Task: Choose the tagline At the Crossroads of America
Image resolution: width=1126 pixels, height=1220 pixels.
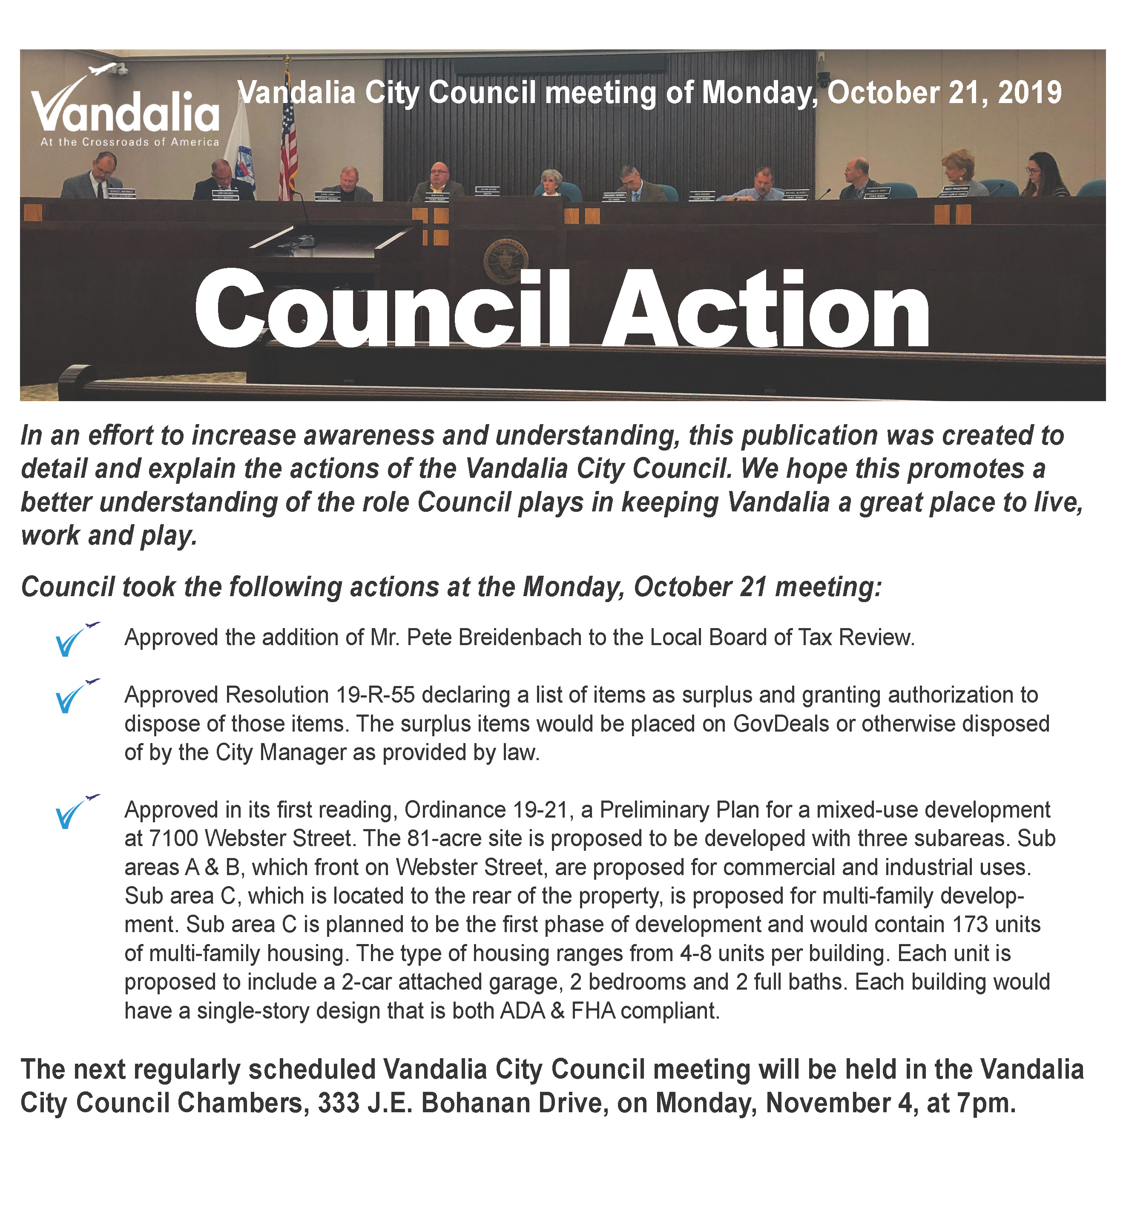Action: [x=129, y=142]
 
